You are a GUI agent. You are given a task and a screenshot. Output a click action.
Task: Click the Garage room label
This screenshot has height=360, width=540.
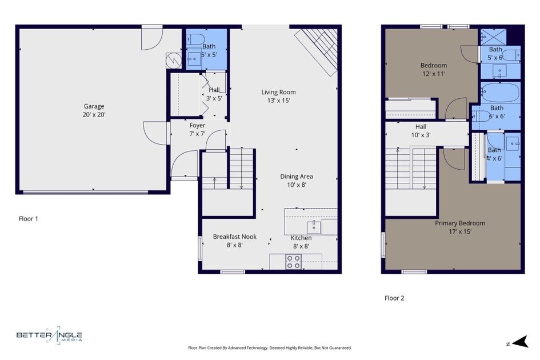pos(94,106)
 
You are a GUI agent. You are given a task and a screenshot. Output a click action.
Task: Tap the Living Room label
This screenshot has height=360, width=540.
pos(278,92)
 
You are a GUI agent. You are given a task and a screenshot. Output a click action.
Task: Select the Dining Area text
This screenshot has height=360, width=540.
pos(296,177)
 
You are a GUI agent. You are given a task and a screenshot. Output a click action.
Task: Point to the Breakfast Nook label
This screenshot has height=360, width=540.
pos(234,237)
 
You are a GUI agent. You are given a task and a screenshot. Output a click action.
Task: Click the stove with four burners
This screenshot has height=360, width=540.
pos(293,262)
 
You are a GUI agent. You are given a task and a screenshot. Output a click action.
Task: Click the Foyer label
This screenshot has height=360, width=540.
pos(197,126)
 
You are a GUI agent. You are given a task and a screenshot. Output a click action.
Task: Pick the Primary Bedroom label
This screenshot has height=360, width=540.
pos(459,223)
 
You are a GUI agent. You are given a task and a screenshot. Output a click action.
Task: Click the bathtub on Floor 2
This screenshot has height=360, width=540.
pos(500,92)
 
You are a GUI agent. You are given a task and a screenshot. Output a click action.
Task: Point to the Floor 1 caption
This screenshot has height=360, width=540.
pos(29,218)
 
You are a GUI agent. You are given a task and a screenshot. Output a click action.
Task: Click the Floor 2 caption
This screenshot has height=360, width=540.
pos(394,298)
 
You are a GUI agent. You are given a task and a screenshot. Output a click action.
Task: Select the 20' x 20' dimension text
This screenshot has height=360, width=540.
pos(94,115)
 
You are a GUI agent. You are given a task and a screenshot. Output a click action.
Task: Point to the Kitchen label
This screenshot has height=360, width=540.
pos(301,238)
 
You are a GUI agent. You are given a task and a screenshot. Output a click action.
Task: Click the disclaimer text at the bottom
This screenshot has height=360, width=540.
pos(270,347)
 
